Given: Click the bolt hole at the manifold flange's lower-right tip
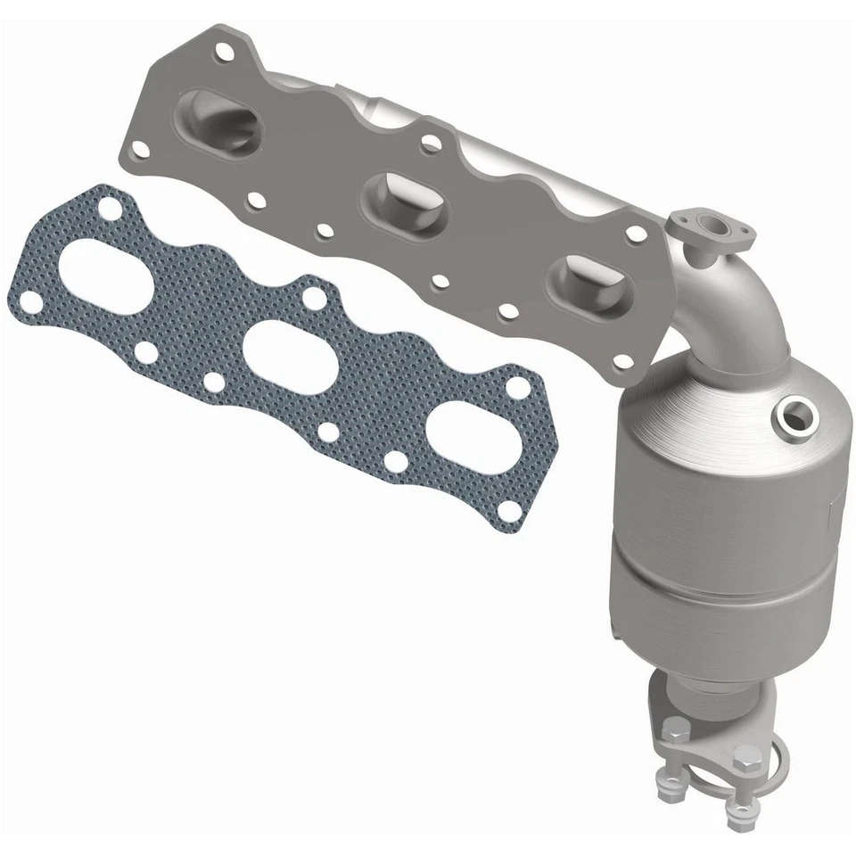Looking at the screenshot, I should (624, 360).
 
